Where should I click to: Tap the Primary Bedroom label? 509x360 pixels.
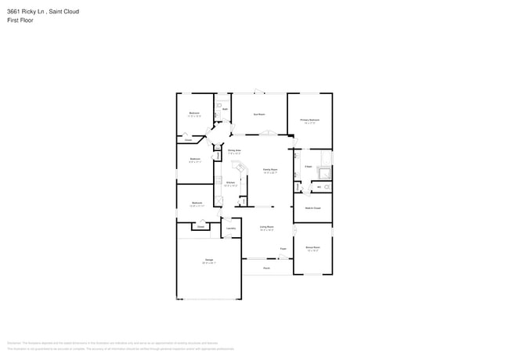pos(309,121)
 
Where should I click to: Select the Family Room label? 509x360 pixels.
pos(270,170)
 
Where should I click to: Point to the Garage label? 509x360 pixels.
pos(210,261)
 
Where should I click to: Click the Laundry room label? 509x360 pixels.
pos(231,229)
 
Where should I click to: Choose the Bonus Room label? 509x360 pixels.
pos(312,248)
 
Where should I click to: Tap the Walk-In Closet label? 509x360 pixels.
pos(312,208)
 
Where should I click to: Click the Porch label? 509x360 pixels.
pos(266,268)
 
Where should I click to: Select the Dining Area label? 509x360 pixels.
pos(233,151)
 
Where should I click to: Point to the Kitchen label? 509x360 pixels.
pos(231,184)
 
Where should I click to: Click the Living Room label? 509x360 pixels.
pos(266,229)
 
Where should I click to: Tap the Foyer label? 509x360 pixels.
pos(283,250)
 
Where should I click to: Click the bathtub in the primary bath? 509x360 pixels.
pos(296,164)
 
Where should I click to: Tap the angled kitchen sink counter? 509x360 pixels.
pos(242,167)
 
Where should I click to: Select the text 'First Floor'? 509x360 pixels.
pos(21,20)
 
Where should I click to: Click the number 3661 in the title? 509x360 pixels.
pos(14,12)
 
